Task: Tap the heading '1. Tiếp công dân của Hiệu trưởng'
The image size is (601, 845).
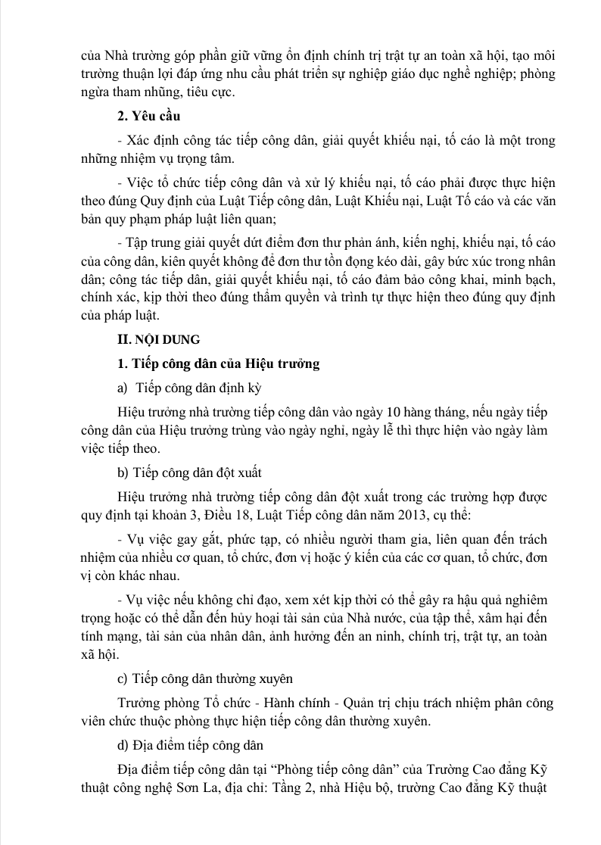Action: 214,363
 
